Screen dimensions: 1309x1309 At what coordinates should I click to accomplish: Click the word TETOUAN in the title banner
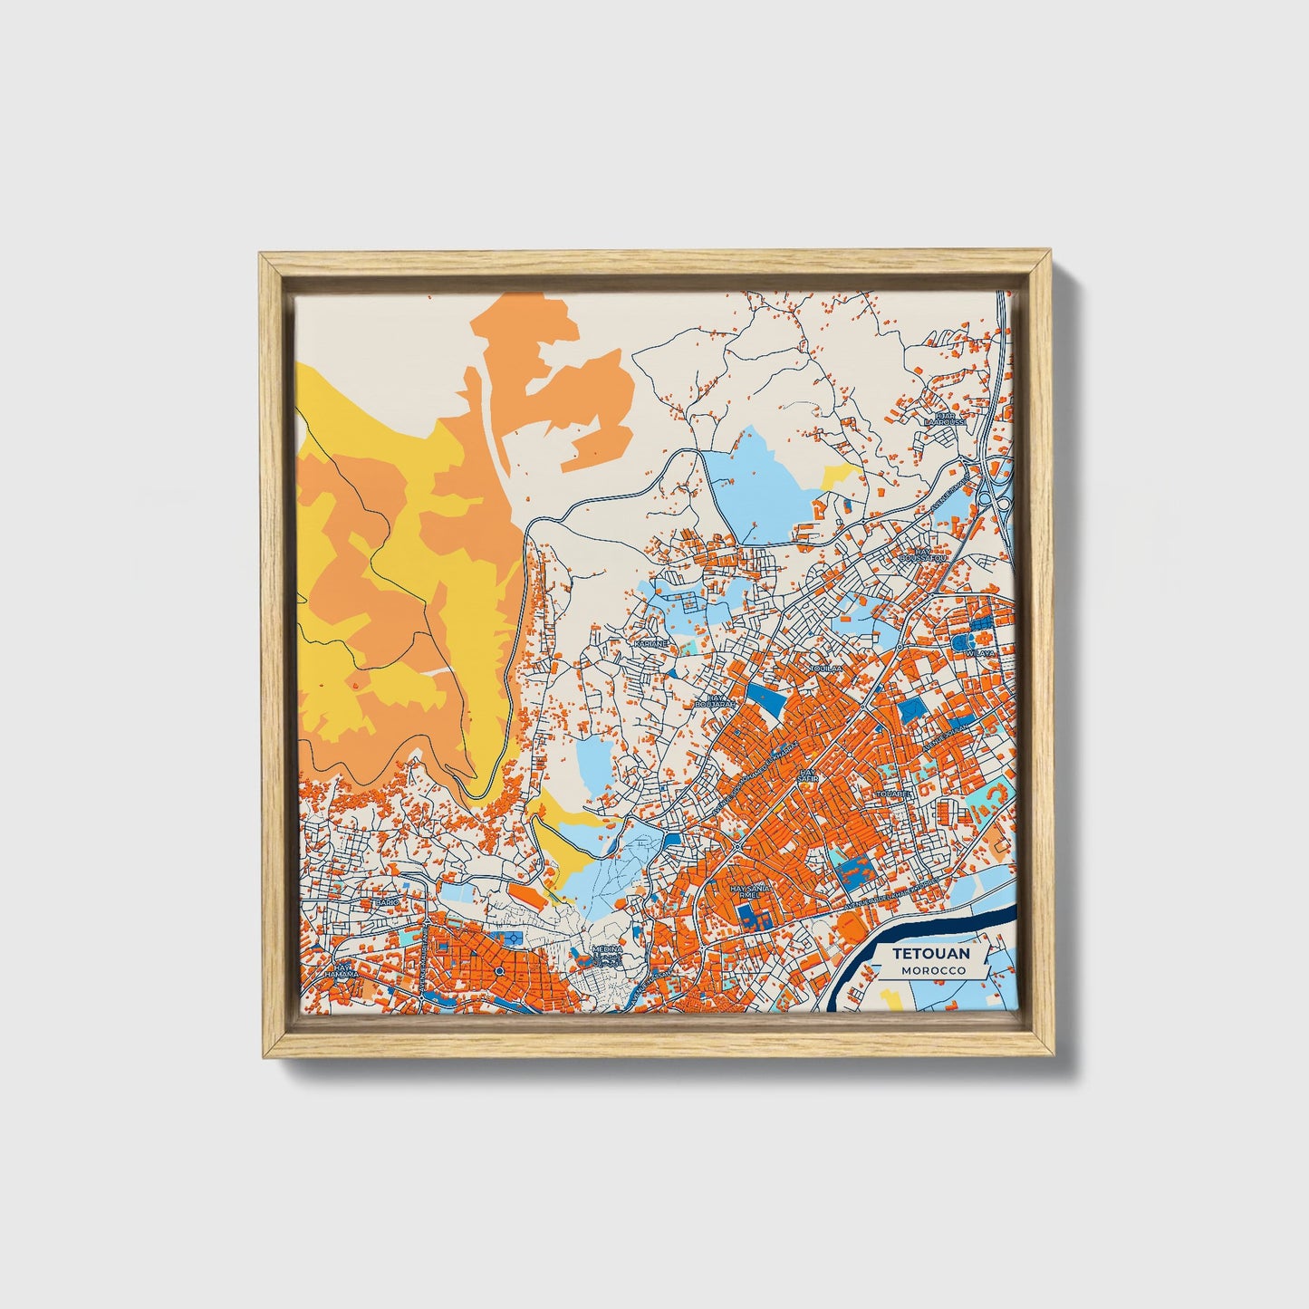[x=930, y=954]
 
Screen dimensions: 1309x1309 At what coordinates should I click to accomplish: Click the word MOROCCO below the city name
[x=932, y=970]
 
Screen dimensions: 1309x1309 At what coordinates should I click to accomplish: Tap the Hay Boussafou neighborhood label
[x=923, y=553]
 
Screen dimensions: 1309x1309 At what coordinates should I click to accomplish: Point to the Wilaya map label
[x=980, y=652]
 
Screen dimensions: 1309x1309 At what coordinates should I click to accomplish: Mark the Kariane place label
[x=650, y=642]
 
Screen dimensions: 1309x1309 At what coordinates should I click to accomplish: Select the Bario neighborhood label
[x=388, y=903]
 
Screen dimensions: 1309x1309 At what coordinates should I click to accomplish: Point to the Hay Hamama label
[x=344, y=972]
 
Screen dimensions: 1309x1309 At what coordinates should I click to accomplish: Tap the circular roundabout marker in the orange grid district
[x=499, y=972]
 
